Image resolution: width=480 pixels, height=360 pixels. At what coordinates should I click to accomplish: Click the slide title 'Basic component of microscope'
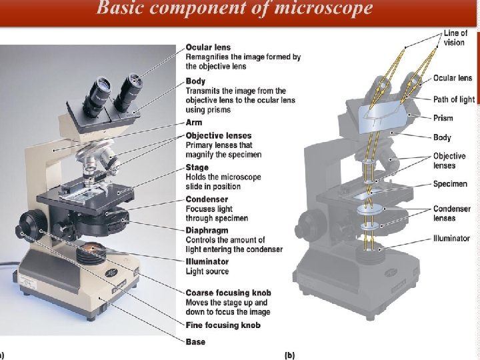point(234,8)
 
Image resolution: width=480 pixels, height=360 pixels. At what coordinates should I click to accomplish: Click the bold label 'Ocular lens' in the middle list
point(208,47)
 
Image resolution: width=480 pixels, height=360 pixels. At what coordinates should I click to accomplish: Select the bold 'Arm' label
point(194,123)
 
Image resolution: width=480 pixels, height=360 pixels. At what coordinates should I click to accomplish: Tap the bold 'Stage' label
point(197,167)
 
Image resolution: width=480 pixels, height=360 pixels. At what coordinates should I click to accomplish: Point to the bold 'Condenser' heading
point(207,199)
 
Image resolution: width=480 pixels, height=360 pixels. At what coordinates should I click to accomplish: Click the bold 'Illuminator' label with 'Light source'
point(207,262)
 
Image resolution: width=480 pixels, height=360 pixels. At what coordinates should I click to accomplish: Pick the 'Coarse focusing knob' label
point(228,293)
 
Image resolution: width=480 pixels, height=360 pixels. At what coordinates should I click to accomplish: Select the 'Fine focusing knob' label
point(223,325)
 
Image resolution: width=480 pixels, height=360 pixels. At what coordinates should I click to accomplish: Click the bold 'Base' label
point(196,342)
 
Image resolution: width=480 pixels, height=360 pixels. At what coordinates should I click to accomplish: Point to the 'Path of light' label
point(454,99)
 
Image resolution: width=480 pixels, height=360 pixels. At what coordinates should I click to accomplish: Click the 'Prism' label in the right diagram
point(443,118)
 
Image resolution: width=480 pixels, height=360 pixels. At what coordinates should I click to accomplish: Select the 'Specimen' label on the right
point(449,184)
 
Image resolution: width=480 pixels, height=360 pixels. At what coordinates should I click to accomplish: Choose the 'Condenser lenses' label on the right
point(452,213)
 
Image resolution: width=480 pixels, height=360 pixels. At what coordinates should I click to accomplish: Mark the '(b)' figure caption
point(289,355)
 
